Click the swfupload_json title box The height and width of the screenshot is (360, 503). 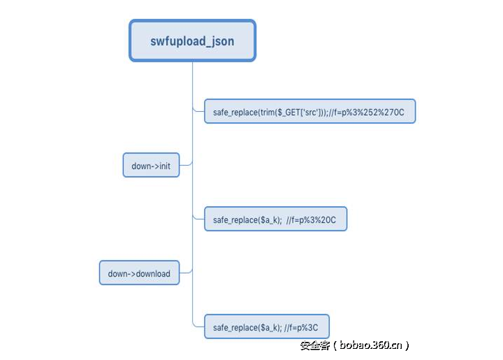193,41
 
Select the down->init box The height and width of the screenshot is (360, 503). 151,165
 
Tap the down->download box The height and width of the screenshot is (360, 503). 139,273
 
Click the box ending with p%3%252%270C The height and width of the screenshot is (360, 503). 310,111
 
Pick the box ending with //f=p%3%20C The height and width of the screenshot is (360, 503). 275,219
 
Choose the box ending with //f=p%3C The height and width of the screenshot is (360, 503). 267,326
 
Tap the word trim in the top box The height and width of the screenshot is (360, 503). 265,113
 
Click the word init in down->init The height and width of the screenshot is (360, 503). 165,166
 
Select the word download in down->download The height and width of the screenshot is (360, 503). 153,274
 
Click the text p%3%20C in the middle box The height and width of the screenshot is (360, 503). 318,219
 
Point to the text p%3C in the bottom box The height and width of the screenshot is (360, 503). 307,328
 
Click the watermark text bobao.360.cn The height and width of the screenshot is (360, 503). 370,345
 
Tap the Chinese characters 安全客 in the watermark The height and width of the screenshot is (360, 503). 315,345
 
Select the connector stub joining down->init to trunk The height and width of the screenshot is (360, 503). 186,164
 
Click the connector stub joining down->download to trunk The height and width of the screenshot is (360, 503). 186,272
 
